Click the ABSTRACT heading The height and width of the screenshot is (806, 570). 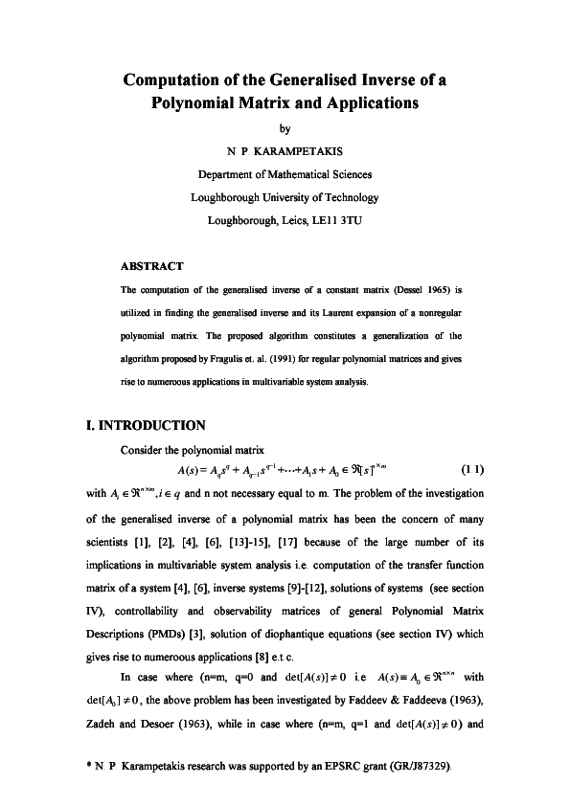point(152,265)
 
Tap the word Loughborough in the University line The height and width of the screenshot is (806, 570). point(227,196)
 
